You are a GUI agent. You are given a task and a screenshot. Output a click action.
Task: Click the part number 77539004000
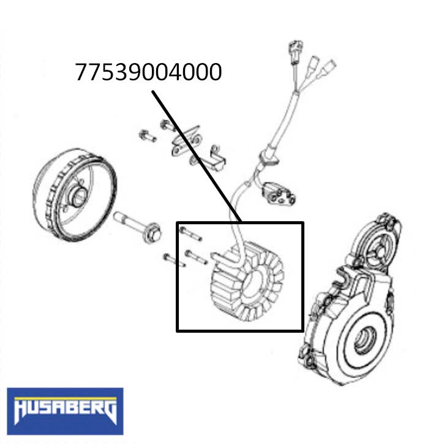pos(148,72)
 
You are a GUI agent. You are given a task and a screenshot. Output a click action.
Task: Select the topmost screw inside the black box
pos(189,233)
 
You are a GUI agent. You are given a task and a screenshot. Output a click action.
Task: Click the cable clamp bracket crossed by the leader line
pos(194,147)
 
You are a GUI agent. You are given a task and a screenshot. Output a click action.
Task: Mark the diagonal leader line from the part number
pos(196,156)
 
